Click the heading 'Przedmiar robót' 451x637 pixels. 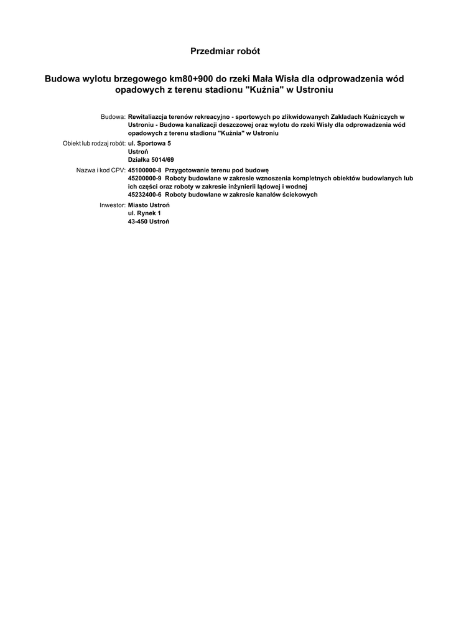coord(225,50)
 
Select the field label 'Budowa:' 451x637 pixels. coord(113,117)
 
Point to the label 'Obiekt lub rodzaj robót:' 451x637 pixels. coord(94,144)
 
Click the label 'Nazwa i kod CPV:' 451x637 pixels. coord(101,170)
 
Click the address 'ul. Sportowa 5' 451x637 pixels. coord(149,144)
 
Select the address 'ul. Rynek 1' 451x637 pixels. coord(144,213)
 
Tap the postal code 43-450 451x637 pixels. coord(137,222)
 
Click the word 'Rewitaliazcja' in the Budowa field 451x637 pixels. coord(149,117)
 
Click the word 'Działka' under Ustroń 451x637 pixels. coord(138,160)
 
